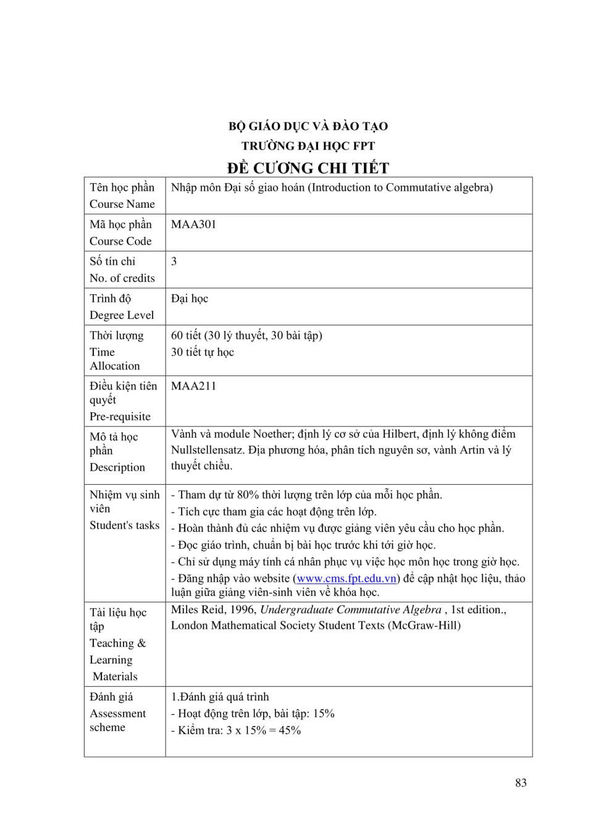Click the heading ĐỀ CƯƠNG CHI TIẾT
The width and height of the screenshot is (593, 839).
[308, 168]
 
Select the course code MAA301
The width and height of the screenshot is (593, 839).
[193, 224]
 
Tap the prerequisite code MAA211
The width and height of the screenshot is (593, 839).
[193, 386]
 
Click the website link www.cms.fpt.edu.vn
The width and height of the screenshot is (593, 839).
[346, 579]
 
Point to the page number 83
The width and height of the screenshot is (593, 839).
[521, 783]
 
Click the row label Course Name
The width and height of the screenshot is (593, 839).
[122, 204]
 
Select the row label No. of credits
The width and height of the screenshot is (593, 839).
[122, 278]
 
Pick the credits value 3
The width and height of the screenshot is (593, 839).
[174, 262]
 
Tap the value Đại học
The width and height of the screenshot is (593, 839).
[190, 299]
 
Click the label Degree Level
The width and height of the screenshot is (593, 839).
[122, 315]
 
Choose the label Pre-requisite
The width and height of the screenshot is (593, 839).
[120, 417]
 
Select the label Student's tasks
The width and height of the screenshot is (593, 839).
[124, 526]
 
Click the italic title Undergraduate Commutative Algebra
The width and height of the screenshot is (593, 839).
[351, 610]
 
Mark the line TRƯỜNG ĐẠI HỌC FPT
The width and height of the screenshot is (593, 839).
[308, 147]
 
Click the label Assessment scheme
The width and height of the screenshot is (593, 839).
[117, 720]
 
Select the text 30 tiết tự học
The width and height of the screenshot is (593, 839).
[203, 352]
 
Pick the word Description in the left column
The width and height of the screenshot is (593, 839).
[117, 467]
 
